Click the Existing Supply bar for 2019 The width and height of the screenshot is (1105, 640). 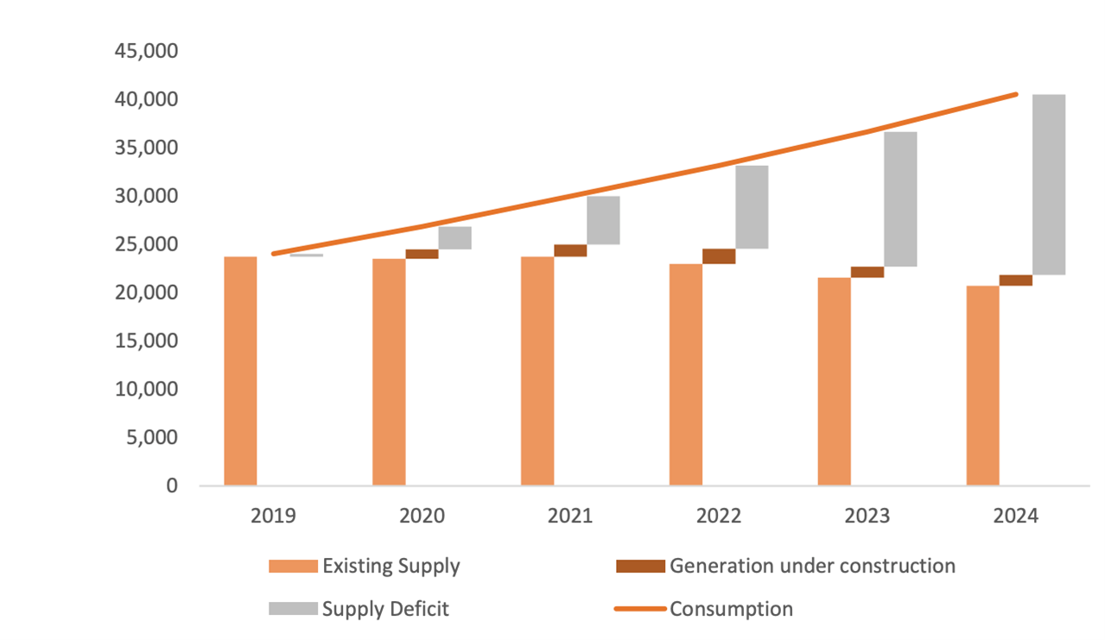[240, 371]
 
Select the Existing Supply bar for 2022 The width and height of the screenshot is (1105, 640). [686, 375]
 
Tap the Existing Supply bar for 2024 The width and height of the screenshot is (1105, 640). [983, 386]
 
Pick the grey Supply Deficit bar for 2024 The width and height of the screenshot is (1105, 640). [1049, 185]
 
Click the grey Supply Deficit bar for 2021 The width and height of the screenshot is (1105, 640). [603, 220]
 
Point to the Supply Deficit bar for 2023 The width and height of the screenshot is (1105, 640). [900, 200]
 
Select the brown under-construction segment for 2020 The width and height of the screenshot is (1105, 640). [422, 254]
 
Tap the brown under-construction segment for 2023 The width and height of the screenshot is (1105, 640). [867, 272]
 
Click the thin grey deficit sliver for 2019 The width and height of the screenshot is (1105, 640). [306, 256]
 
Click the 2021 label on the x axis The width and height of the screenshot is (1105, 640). [570, 516]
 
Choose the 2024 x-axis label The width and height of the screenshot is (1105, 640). [1015, 516]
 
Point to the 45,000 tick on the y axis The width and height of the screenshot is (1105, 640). [146, 52]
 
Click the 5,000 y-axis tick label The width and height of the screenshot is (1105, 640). [152, 438]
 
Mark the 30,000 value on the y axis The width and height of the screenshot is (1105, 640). [146, 197]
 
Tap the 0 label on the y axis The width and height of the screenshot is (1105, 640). [172, 486]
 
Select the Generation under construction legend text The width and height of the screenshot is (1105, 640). [812, 567]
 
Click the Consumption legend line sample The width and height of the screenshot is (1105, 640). [639, 609]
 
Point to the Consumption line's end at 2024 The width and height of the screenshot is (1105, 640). [1016, 94]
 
